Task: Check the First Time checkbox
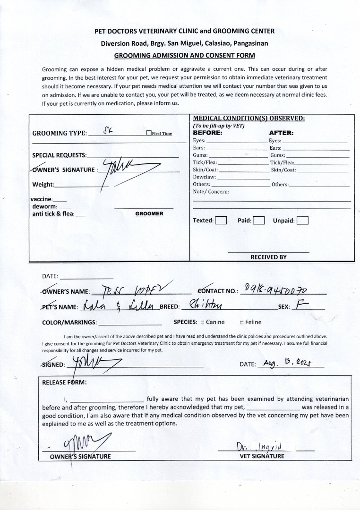tap(149, 133)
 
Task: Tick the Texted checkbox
tap(221, 221)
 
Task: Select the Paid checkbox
tap(258, 221)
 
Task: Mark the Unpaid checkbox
tap(302, 221)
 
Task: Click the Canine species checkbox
tap(202, 323)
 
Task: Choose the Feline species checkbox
tap(241, 323)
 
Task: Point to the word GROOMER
tap(149, 213)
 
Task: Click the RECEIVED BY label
tap(268, 257)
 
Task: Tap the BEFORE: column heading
tap(208, 133)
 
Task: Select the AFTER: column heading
tap(281, 133)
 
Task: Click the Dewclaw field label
tap(204, 177)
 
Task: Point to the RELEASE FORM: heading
tap(64, 383)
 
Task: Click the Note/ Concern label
tap(211, 192)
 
